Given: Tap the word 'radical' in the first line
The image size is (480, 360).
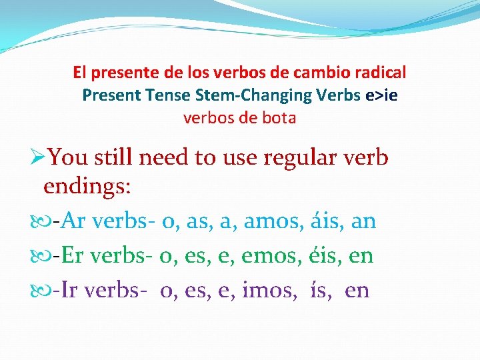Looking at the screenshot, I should (381, 72).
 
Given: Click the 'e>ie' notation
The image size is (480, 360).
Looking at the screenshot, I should (381, 95).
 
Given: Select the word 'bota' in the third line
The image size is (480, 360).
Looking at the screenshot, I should (281, 119).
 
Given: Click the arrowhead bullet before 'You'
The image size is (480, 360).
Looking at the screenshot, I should (39, 157).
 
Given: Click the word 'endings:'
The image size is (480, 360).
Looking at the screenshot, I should (87, 186).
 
